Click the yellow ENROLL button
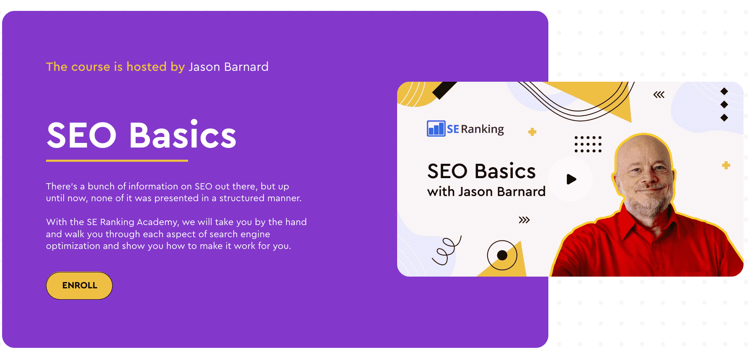[x=79, y=285]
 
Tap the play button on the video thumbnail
[x=571, y=179]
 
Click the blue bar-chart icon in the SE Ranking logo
[x=436, y=128]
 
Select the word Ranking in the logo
[x=482, y=129]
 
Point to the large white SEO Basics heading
[x=142, y=135]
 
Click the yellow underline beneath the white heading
[x=117, y=161]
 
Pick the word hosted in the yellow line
[x=147, y=67]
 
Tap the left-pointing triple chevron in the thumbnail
[x=659, y=95]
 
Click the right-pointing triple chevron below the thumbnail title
[x=524, y=220]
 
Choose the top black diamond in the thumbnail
[x=724, y=91]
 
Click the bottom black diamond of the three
[x=724, y=118]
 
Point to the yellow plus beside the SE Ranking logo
[x=532, y=132]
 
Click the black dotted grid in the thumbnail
[x=588, y=144]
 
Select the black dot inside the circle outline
[x=502, y=255]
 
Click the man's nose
[x=648, y=179]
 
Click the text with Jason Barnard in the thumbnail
[x=486, y=192]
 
